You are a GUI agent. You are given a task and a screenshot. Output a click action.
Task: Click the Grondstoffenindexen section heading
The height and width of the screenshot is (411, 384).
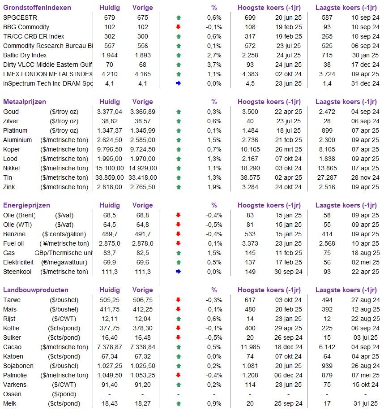(37, 8)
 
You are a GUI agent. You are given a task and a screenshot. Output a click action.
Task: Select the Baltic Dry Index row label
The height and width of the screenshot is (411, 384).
(25, 55)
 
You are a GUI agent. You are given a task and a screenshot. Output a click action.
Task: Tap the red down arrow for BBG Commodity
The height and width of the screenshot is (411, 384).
(179, 27)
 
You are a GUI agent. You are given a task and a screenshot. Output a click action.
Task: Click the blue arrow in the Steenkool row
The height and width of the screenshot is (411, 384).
(179, 272)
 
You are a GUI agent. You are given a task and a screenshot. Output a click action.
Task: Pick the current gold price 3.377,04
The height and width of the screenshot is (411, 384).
(109, 112)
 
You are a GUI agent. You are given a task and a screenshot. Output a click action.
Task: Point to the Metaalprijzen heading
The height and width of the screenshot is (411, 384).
(24, 102)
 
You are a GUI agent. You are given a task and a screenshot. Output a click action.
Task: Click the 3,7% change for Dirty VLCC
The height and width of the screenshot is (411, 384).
(214, 65)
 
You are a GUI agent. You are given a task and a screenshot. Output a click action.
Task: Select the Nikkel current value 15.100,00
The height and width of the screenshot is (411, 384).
(109, 168)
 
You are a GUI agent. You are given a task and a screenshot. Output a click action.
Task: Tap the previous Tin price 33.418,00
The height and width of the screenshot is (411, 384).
(143, 178)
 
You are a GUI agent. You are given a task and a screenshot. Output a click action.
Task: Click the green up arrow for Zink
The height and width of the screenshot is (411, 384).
(179, 187)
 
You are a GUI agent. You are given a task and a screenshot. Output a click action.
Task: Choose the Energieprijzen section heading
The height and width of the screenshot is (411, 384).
(26, 205)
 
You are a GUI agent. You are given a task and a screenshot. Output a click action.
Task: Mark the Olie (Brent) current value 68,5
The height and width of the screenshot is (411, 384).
(109, 216)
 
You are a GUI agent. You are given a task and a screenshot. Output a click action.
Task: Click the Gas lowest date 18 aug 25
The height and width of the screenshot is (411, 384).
(365, 253)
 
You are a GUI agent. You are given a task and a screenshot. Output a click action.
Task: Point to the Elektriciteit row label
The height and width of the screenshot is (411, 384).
(18, 262)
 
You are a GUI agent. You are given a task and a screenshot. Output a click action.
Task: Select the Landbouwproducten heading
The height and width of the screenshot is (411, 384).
(36, 290)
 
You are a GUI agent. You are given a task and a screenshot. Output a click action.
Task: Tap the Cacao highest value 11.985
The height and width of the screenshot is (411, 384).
(250, 347)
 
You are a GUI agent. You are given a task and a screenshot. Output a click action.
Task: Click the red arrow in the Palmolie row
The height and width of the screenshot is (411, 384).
(179, 375)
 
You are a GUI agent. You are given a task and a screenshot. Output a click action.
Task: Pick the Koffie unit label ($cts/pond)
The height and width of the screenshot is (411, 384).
(64, 328)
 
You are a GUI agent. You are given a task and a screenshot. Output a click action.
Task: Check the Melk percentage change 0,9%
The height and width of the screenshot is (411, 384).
(214, 404)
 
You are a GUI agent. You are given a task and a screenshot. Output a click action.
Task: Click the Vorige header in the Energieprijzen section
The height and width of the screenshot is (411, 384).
(143, 205)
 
